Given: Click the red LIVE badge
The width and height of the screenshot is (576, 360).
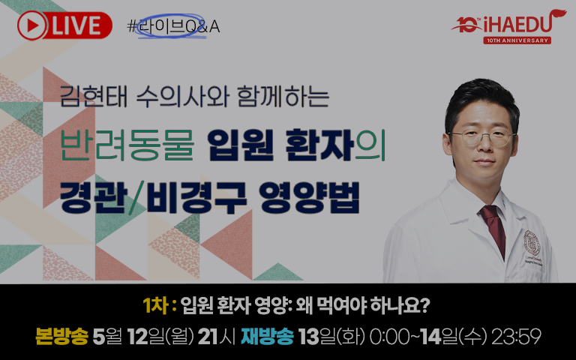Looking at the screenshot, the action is point(64,25).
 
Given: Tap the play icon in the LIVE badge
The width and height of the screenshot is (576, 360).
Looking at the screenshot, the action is point(31,25).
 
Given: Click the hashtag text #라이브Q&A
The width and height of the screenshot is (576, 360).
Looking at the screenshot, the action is point(173,26).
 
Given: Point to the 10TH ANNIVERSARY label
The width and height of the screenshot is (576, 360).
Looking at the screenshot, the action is point(517,40).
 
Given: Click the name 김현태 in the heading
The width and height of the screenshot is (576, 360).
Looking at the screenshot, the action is point(93,97).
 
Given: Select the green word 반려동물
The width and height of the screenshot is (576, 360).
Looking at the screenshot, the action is point(127,145).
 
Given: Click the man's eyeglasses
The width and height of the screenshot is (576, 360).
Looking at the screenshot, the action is point(481,138).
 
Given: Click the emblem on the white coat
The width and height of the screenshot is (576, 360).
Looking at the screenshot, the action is point(532,243).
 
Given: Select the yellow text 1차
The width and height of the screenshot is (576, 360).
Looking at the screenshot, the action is point(156,306).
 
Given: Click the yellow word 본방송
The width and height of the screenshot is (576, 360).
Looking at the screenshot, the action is point(61,337).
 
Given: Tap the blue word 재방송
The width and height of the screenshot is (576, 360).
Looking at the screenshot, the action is point(267,337).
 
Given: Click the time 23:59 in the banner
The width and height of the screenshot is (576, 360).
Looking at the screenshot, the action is point(516,337).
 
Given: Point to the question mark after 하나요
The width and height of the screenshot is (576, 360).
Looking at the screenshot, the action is point(425,306).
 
